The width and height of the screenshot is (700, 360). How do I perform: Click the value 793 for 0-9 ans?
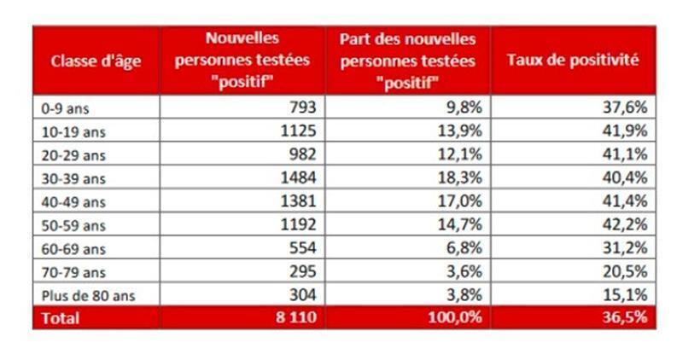(x=302, y=108)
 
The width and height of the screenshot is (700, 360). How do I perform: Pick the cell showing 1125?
(x=299, y=131)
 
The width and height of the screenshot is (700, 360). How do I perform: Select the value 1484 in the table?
(x=299, y=178)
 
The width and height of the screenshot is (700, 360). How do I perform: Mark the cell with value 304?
(x=302, y=295)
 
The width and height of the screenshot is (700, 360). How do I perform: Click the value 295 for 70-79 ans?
(x=302, y=271)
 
